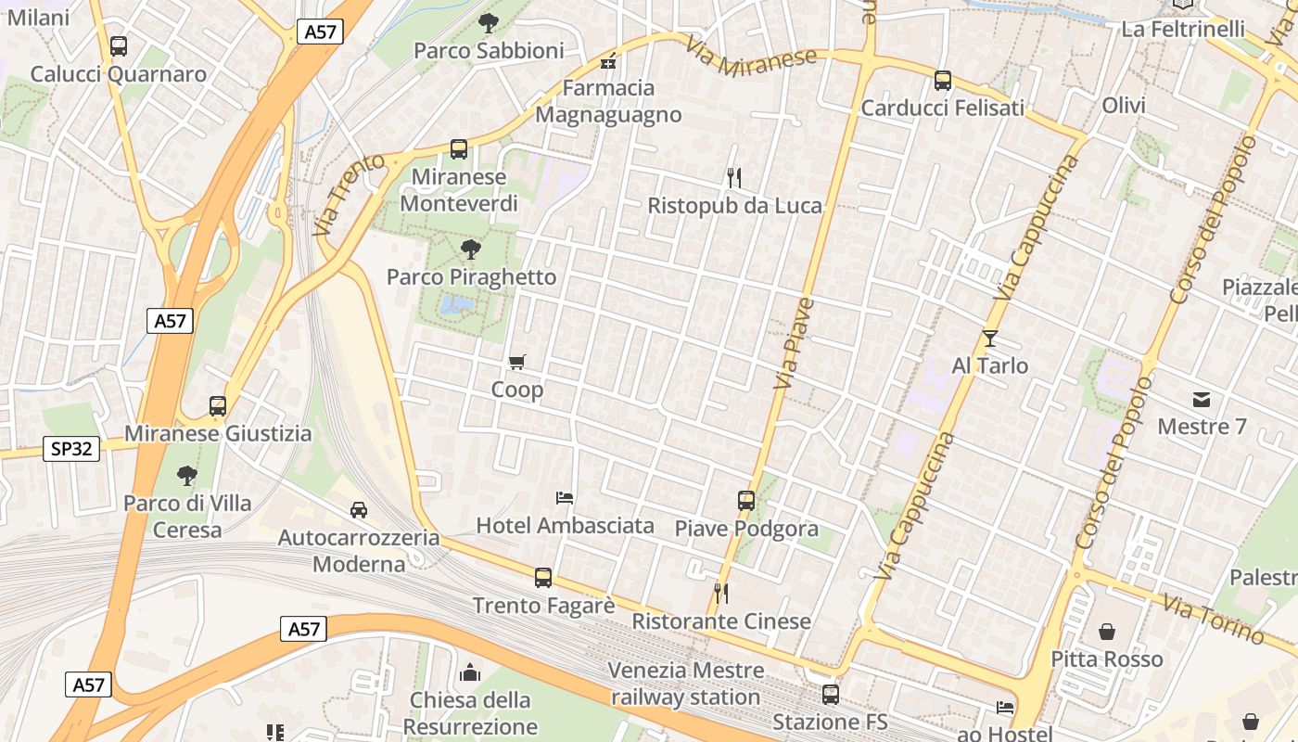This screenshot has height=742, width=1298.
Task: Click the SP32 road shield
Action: click(x=71, y=449)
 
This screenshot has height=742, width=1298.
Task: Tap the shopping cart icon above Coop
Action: click(x=517, y=363)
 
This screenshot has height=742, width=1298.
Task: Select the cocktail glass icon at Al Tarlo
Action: click(x=990, y=339)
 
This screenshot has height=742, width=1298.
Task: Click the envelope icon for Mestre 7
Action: click(x=1202, y=400)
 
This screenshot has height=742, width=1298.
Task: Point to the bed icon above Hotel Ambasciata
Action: click(x=565, y=498)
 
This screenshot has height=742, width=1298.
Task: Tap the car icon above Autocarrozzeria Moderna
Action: click(x=359, y=509)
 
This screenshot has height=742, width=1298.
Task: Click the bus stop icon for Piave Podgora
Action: click(x=746, y=501)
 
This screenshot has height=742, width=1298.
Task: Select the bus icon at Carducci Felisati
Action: click(x=943, y=81)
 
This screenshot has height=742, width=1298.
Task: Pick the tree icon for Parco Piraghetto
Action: click(x=470, y=249)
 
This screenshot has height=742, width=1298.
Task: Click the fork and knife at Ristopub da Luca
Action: click(x=734, y=177)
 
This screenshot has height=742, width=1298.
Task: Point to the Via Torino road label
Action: click(x=1213, y=620)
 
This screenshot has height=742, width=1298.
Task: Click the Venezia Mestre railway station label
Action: click(x=686, y=684)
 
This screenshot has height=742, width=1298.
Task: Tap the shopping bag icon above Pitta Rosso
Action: click(x=1107, y=633)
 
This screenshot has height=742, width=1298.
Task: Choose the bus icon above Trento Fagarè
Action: click(x=543, y=578)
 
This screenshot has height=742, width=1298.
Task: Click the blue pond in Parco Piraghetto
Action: click(x=457, y=305)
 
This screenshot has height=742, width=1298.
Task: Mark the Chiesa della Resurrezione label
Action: click(x=470, y=712)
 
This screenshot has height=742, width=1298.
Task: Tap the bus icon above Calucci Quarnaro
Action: click(x=119, y=46)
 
